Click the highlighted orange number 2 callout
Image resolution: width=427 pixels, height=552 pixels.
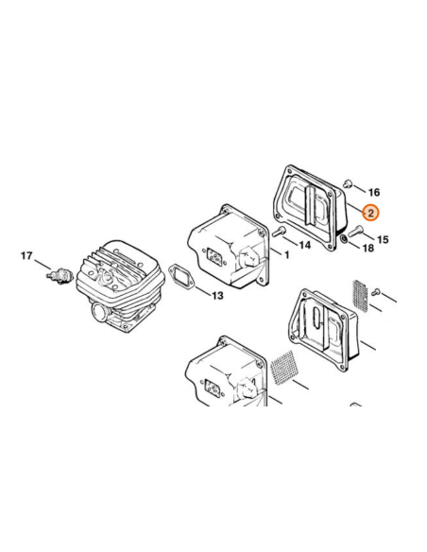pos(371,213)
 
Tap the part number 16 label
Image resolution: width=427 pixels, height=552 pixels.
pos(374,192)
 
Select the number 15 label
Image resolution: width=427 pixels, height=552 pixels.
pos(383,240)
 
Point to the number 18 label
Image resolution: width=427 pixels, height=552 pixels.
pos(368,249)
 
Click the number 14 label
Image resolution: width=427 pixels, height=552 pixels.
pos(305,245)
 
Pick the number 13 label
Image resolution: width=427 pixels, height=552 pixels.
pos(217,295)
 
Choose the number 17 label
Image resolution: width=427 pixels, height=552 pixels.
pos(26,255)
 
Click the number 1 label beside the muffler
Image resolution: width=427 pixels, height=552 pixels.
pos(286,254)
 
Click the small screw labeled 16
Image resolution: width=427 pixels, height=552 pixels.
pos(348,182)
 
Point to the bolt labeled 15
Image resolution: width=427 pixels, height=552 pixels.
pos(355,232)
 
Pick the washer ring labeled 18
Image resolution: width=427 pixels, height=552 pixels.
pos(344,240)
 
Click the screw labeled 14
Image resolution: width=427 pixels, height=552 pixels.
pos(279,232)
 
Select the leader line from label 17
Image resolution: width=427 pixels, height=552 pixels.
pos(43,265)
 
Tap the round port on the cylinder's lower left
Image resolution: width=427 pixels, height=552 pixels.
pos(99,311)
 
